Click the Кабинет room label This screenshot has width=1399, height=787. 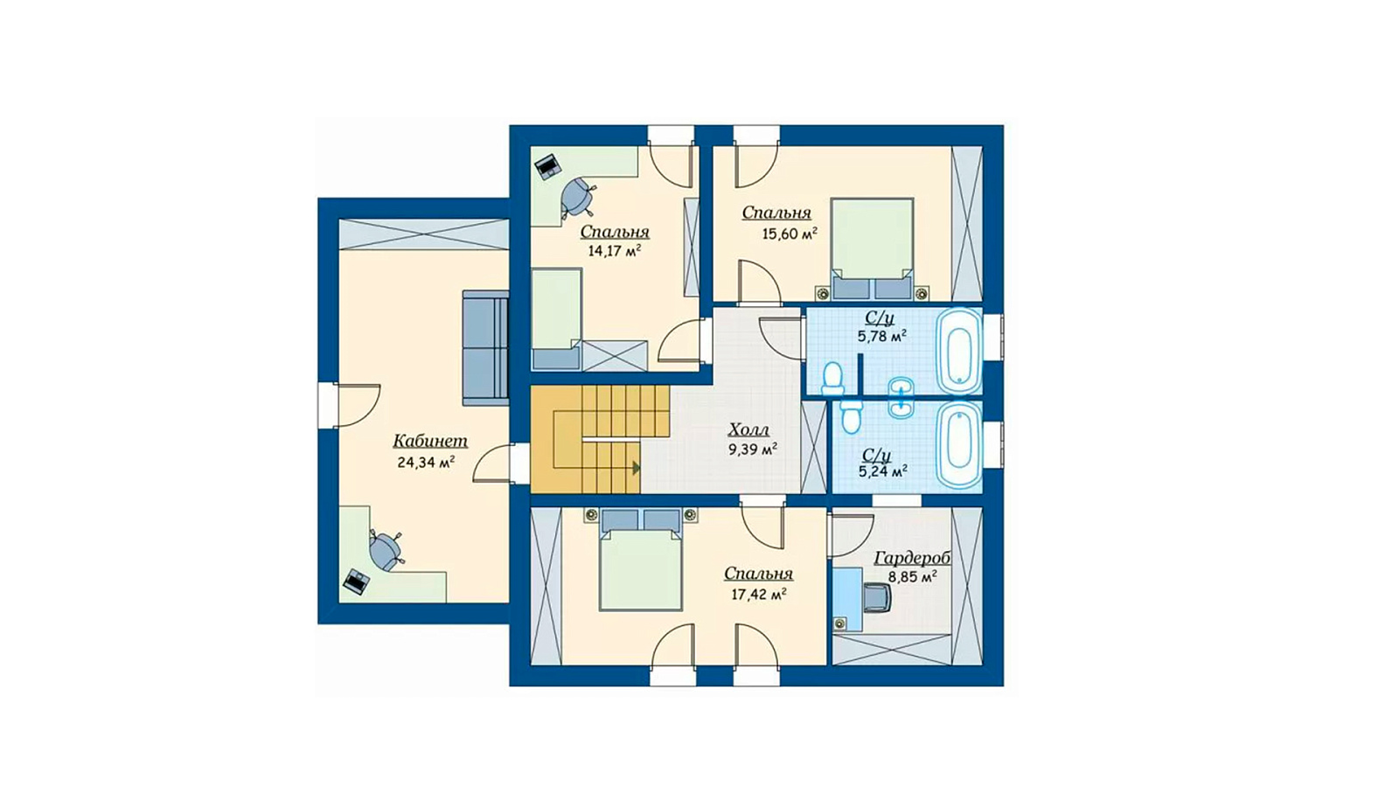(x=430, y=441)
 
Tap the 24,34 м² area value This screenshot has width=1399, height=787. (x=425, y=463)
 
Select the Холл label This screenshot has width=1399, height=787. (x=748, y=429)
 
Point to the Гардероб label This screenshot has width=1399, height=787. (x=913, y=558)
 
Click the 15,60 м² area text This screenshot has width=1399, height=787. (x=790, y=234)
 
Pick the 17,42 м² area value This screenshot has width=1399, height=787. (x=758, y=594)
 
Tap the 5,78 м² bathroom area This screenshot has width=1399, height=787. (x=882, y=338)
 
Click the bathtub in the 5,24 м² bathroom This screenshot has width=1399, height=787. (x=959, y=445)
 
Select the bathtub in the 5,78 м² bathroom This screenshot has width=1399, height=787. (x=959, y=351)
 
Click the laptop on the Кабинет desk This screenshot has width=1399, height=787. (x=357, y=581)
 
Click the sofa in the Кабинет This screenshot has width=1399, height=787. (x=485, y=347)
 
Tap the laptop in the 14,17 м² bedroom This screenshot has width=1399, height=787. (x=547, y=166)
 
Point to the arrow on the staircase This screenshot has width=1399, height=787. (x=637, y=467)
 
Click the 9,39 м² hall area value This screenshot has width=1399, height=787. (x=753, y=449)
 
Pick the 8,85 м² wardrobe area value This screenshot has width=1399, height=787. (x=913, y=577)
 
